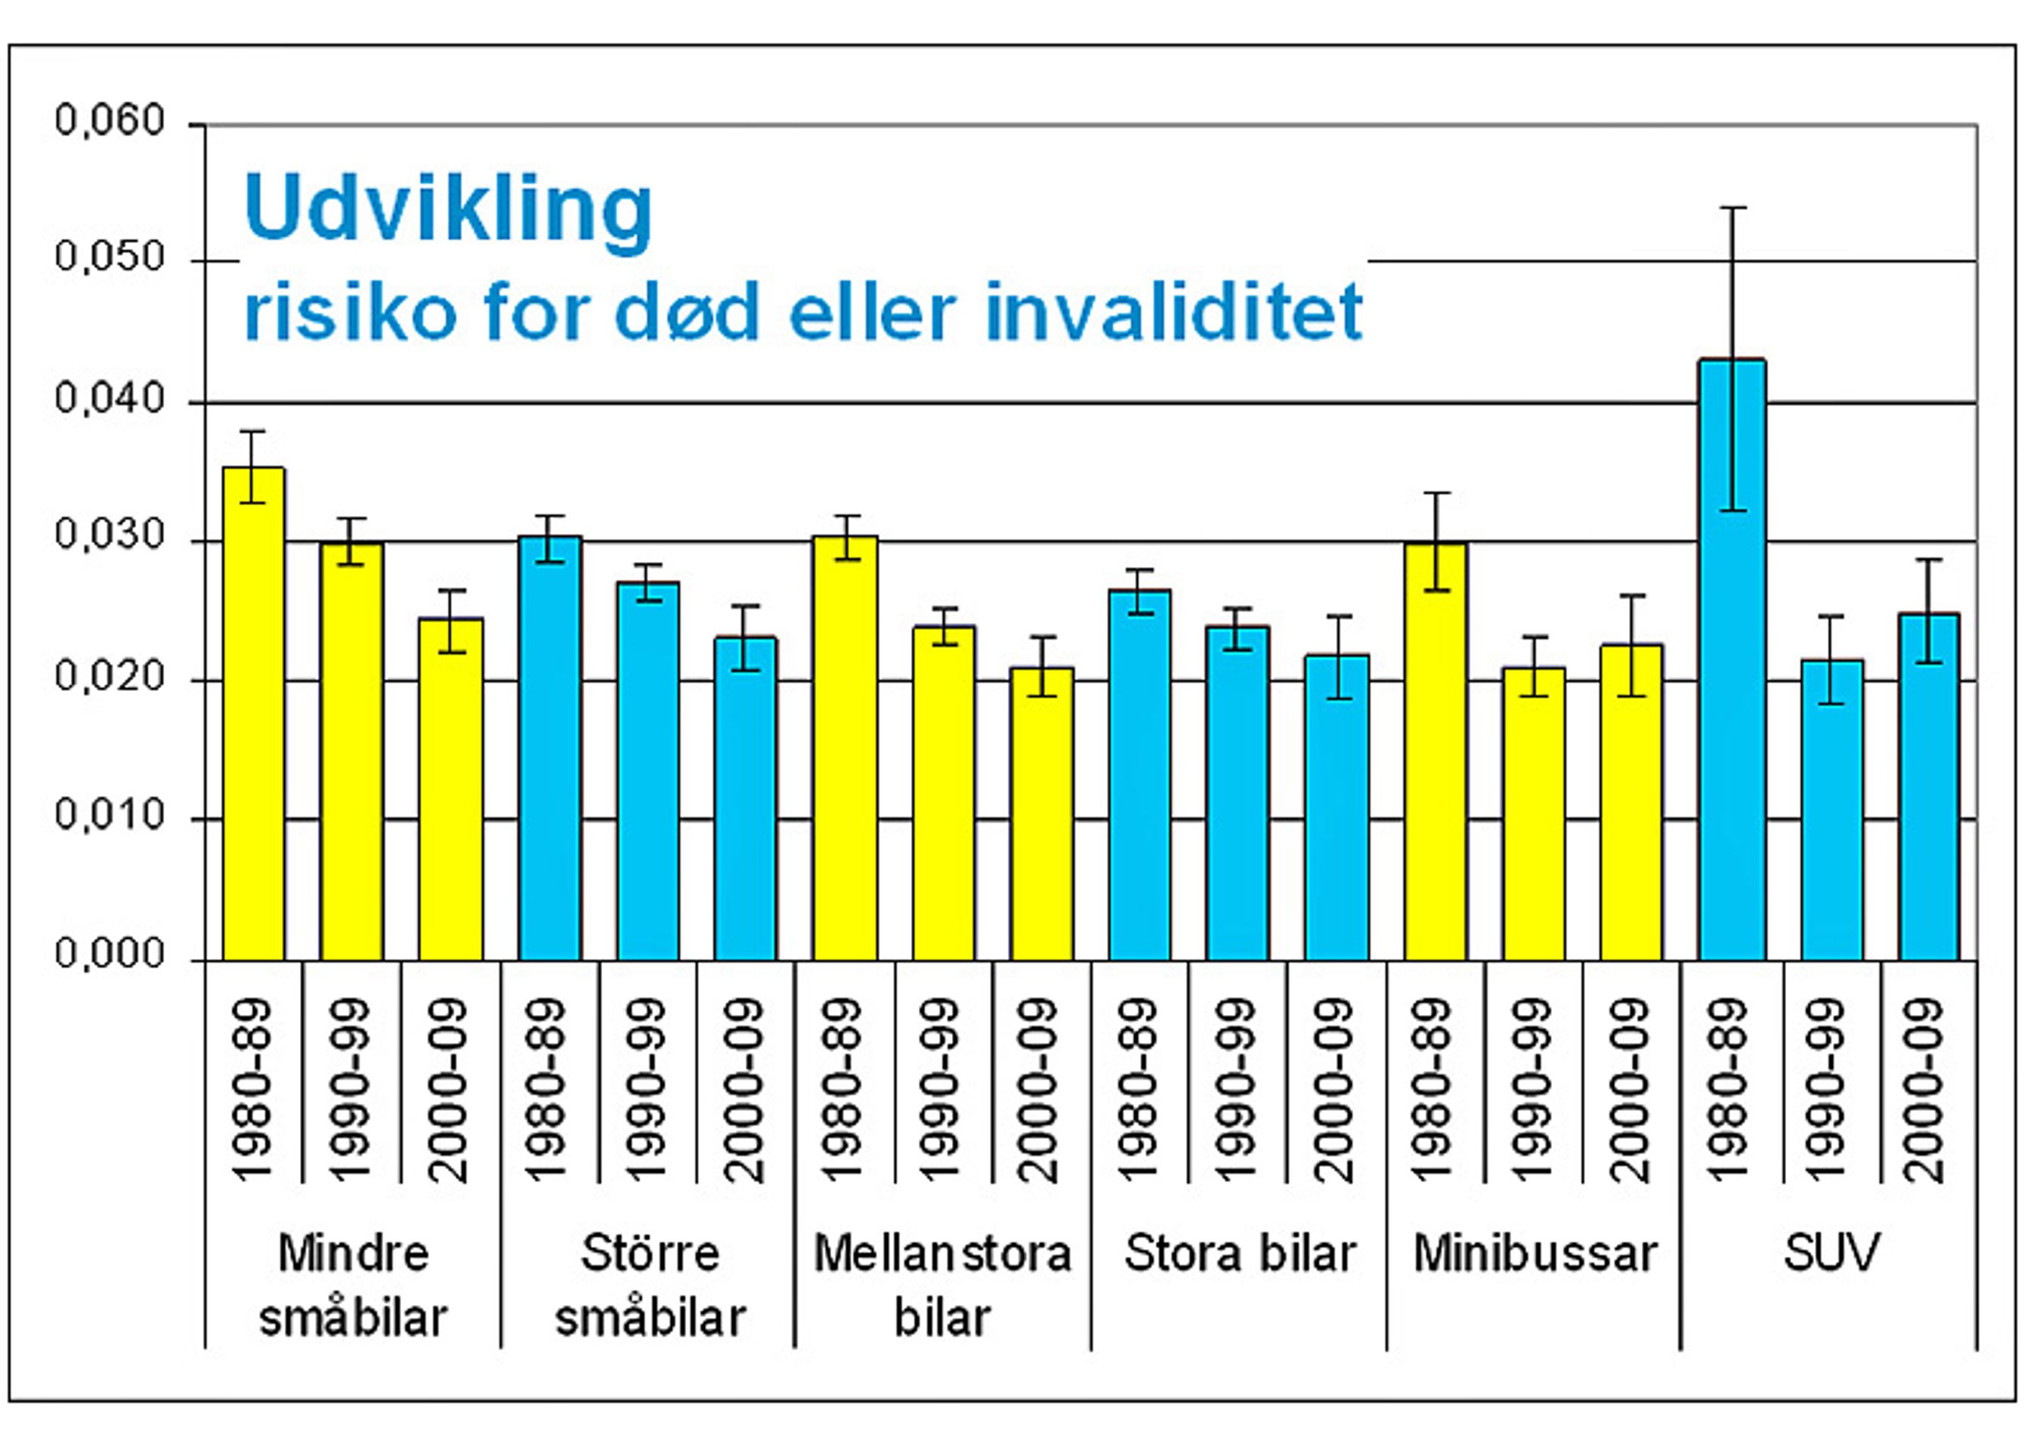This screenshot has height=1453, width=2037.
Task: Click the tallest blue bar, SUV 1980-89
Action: pyautogui.click(x=1732, y=662)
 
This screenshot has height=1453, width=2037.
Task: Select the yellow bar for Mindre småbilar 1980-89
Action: pyautogui.click(x=253, y=716)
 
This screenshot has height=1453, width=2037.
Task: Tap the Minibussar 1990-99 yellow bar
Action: pyautogui.click(x=1533, y=814)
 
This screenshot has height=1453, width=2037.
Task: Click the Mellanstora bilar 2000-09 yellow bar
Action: pyautogui.click(x=1041, y=814)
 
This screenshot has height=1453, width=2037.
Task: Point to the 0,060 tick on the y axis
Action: pyautogui.click(x=110, y=121)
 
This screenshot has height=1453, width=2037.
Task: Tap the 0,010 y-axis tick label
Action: pyautogui.click(x=110, y=816)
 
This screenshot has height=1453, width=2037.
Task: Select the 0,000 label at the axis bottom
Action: pyautogui.click(x=110, y=955)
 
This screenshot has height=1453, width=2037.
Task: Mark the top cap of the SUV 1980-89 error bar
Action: pyautogui.click(x=1732, y=208)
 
